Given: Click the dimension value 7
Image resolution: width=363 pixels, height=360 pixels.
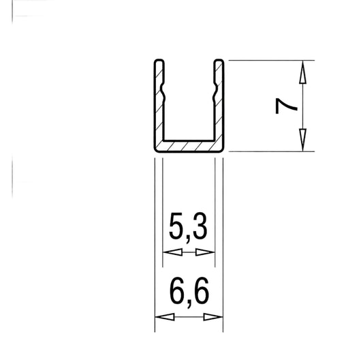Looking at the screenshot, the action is [286, 106].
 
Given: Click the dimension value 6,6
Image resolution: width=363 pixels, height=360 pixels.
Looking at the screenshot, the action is [189, 291].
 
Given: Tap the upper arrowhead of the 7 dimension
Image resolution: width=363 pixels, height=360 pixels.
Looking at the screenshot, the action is [302, 72].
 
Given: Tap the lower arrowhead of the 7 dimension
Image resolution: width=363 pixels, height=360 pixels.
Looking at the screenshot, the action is [302, 140].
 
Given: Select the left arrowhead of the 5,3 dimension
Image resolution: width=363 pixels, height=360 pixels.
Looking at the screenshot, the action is [172, 252].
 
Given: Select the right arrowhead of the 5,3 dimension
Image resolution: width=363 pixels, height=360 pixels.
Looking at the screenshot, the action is [205, 252].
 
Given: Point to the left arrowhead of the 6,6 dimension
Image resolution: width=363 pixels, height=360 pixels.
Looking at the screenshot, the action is [165, 316].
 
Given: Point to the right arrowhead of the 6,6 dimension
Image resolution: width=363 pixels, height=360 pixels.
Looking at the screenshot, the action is [213, 316].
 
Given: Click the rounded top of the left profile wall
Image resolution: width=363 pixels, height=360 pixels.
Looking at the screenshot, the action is [159, 61].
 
